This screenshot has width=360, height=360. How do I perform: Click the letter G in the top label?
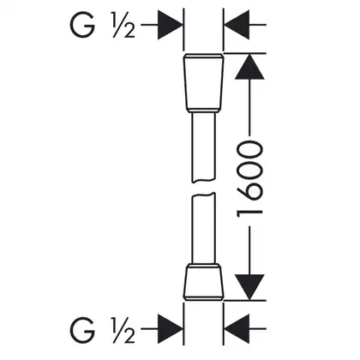coord(82,26)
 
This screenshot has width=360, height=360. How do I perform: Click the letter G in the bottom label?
coord(82,330)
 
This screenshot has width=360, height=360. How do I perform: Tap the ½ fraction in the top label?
coord(123,26)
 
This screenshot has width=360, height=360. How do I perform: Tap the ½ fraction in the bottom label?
coord(123,330)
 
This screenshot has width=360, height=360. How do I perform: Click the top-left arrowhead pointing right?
coord(171,25)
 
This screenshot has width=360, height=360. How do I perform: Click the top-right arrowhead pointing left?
coord(237,25)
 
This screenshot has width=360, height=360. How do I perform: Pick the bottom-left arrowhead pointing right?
coord(171,329)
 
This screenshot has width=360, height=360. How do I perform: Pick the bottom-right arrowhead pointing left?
coord(237,329)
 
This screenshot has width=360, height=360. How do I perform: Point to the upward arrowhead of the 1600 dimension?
coord(249,66)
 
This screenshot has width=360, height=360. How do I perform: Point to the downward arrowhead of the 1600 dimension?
coord(249,287)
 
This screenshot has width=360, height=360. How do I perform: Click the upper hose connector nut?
coord(203,83)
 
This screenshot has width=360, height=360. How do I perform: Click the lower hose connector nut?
coord(203,281)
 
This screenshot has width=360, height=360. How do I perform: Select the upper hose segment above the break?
coord(203,147)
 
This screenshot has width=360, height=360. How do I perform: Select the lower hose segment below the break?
coord(203,228)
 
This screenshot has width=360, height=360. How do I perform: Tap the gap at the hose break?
coord(203,188)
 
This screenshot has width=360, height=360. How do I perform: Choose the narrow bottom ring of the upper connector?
coord(203,111)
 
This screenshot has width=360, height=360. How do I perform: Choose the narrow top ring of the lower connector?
coord(203,265)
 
